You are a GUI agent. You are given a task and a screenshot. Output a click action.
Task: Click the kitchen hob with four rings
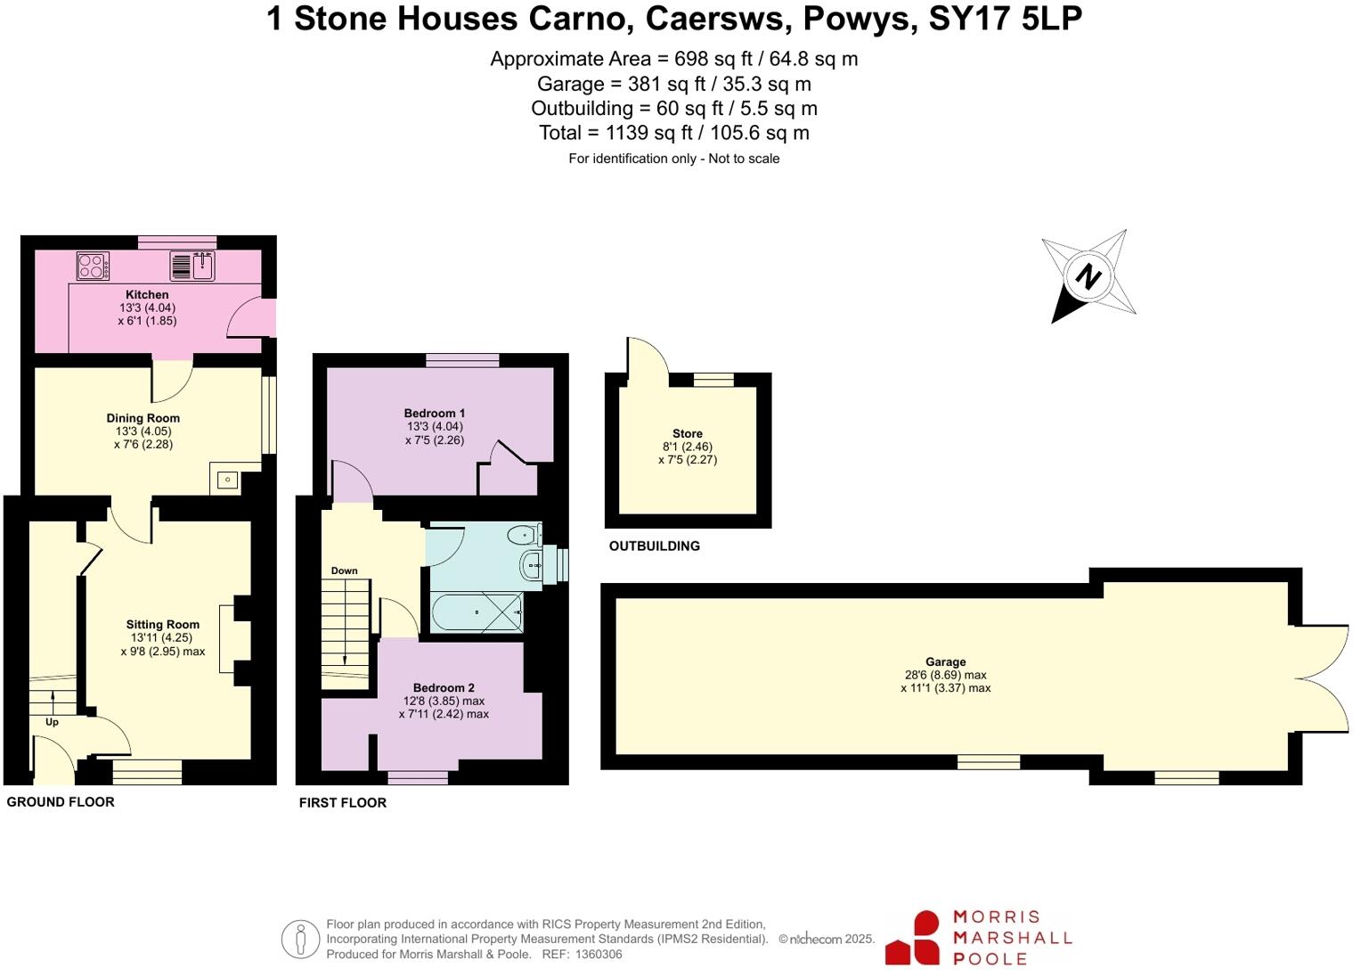[x=94, y=266]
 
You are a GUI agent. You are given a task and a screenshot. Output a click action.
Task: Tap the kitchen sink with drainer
[x=192, y=266]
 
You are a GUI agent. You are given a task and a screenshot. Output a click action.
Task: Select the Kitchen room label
[x=147, y=295]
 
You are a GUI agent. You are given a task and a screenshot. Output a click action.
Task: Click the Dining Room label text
[x=143, y=418]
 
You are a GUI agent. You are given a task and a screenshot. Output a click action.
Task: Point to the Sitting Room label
[x=163, y=625]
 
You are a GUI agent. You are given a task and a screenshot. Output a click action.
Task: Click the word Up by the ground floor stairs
[x=52, y=722]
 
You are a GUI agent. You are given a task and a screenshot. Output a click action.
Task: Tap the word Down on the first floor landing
[x=345, y=571]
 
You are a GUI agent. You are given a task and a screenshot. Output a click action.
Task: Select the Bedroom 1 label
[x=435, y=414]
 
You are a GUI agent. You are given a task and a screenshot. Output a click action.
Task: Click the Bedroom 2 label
[x=444, y=688]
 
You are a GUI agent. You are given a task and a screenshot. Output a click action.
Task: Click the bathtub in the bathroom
[x=477, y=612]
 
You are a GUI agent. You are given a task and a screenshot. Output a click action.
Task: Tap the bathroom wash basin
[x=532, y=564]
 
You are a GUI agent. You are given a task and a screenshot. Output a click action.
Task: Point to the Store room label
[x=688, y=434]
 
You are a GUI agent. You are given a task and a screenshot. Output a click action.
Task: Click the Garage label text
[x=945, y=662]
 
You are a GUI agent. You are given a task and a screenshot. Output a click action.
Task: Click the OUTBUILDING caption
[x=655, y=546]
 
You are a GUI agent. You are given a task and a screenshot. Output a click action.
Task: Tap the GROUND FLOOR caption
[x=61, y=802]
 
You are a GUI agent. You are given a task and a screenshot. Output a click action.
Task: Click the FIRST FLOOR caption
[x=343, y=803]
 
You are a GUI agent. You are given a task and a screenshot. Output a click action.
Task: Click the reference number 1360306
[x=599, y=955]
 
